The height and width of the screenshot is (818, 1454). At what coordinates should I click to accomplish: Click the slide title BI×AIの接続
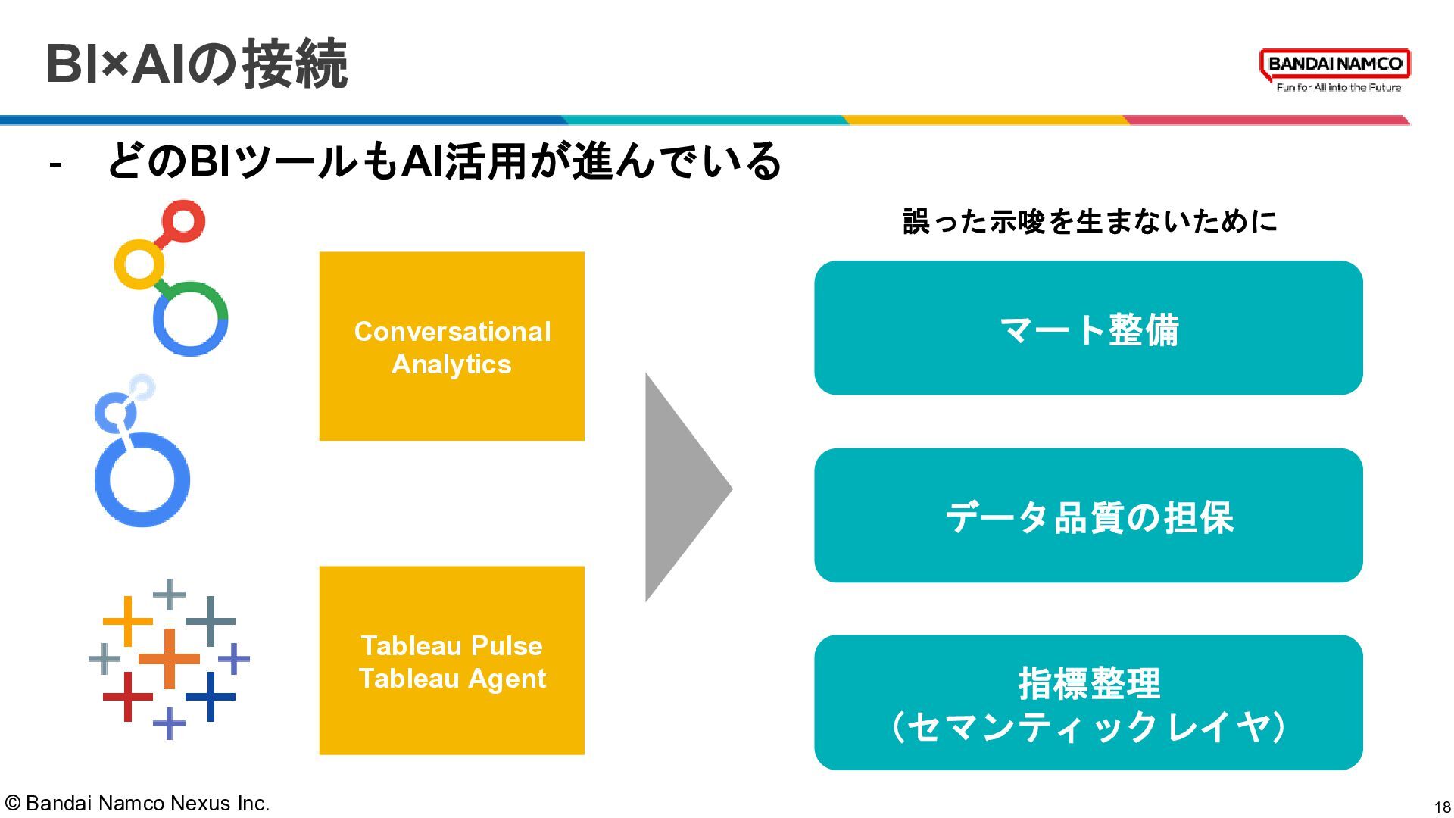(197, 64)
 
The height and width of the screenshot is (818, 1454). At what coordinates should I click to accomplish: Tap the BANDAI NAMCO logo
(1335, 64)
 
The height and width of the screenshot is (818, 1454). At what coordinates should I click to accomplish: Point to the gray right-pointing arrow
(682, 488)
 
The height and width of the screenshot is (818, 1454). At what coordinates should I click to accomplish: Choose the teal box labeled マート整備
(1088, 328)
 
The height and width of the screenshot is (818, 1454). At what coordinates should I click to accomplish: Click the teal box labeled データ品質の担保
(1088, 516)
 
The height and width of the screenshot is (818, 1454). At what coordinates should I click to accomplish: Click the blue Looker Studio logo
(142, 454)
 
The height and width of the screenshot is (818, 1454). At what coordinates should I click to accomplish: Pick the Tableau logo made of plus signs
(169, 658)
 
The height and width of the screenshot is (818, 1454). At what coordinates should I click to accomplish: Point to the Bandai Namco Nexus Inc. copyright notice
(138, 803)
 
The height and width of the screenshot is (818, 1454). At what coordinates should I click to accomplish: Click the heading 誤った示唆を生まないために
(1089, 221)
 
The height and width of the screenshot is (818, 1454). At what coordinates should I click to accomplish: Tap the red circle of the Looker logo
(183, 221)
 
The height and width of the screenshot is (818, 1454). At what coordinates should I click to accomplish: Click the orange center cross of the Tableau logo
(169, 658)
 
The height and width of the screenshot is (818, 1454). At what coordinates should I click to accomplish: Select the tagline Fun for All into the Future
(1338, 88)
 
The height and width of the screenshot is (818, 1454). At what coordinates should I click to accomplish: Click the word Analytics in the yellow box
(451, 364)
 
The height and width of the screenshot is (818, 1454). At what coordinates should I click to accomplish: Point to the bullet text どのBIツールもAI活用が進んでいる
(444, 161)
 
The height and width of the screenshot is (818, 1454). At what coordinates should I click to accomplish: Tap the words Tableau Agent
(452, 679)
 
